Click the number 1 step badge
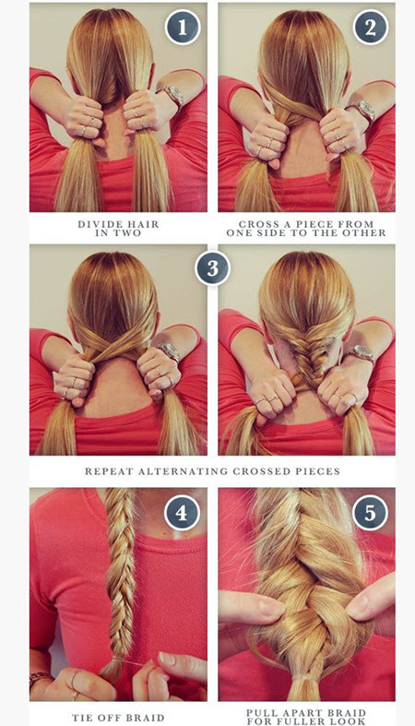pyautogui.click(x=183, y=28)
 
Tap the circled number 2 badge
pyautogui.click(x=371, y=28)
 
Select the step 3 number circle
pyautogui.click(x=212, y=268)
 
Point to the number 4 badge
pyautogui.click(x=183, y=513)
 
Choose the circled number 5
pyautogui.click(x=371, y=513)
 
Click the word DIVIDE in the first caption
pyautogui.click(x=98, y=224)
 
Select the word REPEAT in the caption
pyautogui.click(x=109, y=471)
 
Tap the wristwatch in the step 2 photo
pyautogui.click(x=362, y=111)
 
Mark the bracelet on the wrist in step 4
pyautogui.click(x=40, y=678)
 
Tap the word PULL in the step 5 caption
pyautogui.click(x=261, y=713)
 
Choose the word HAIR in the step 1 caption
pyautogui.click(x=141, y=224)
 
